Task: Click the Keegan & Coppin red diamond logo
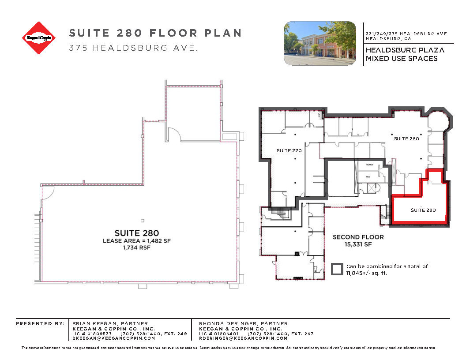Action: (39, 38)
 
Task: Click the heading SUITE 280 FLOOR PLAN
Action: (155, 33)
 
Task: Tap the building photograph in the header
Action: (319, 43)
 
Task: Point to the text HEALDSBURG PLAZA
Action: (405, 50)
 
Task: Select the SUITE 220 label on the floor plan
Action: (289, 151)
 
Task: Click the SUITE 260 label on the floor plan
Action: (406, 139)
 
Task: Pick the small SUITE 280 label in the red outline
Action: (423, 210)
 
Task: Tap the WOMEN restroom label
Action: (369, 165)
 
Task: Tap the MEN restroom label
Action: (368, 177)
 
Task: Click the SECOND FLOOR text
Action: (358, 237)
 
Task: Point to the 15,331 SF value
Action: (358, 244)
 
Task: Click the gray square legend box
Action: (337, 269)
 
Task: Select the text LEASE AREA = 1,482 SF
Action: (136, 241)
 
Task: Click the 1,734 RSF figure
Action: (136, 247)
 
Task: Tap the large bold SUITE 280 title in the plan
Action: (136, 233)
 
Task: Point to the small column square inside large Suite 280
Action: (143, 220)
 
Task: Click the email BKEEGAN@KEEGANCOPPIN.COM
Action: (113, 338)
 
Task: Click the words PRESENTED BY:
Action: (40, 324)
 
